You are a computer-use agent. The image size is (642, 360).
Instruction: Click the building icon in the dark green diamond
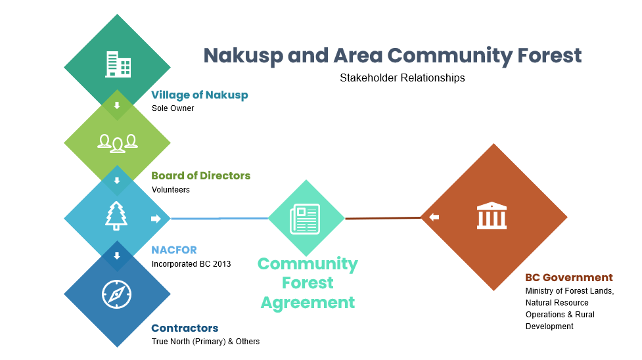pyautogui.click(x=118, y=64)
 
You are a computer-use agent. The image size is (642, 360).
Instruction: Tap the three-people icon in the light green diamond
pyautogui.click(x=118, y=143)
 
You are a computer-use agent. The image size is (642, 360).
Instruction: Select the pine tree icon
pyautogui.click(x=117, y=216)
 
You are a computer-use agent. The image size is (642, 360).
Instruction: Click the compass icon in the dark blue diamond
pyautogui.click(x=117, y=294)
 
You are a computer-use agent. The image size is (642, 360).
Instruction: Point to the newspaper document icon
pyautogui.click(x=305, y=219)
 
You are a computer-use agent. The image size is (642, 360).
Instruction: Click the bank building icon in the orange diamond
pyautogui.click(x=492, y=215)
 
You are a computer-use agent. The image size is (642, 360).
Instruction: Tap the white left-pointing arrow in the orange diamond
pyautogui.click(x=434, y=217)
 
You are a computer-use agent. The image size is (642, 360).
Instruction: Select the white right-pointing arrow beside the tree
pyautogui.click(x=156, y=219)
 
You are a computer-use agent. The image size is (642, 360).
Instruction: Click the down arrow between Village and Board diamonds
pyautogui.click(x=117, y=105)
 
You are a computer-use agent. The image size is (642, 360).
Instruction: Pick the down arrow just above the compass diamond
pyautogui.click(x=117, y=256)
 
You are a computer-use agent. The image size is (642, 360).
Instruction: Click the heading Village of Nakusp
pyautogui.click(x=200, y=95)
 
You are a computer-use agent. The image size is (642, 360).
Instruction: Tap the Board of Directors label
pyautogui.click(x=201, y=175)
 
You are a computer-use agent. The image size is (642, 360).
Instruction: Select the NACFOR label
pyautogui.click(x=174, y=250)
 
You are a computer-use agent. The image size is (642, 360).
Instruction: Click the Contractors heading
pyautogui.click(x=185, y=328)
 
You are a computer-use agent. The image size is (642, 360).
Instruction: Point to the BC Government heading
pyautogui.click(x=569, y=277)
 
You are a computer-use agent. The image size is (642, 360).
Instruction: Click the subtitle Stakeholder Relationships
pyautogui.click(x=402, y=78)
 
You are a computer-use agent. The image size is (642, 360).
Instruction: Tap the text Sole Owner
pyautogui.click(x=173, y=108)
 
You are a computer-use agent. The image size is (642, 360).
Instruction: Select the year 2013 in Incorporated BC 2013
pyautogui.click(x=222, y=263)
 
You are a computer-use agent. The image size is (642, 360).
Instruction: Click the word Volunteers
pyautogui.click(x=171, y=190)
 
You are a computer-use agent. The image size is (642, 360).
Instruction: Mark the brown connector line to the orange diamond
pyautogui.click(x=383, y=218)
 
